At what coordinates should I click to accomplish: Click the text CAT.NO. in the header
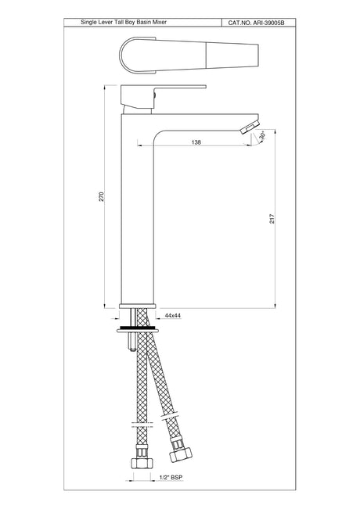click(239, 25)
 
